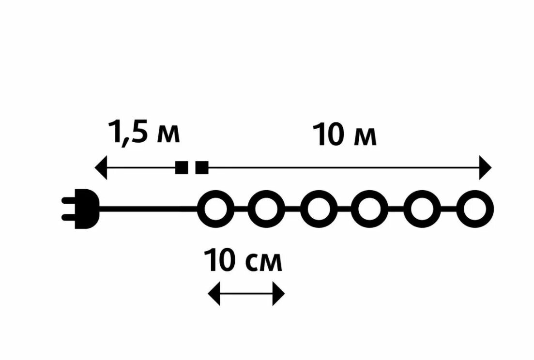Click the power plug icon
86,209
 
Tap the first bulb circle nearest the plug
215,209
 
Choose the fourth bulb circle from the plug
370,209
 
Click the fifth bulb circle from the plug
422,209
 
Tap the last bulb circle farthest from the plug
474,209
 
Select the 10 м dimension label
344,135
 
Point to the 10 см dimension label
243,261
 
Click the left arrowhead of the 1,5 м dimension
101,168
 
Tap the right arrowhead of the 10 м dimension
485,168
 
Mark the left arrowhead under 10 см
214,294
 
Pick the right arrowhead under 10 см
278,294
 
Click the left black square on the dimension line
182,168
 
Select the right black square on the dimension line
201,168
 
